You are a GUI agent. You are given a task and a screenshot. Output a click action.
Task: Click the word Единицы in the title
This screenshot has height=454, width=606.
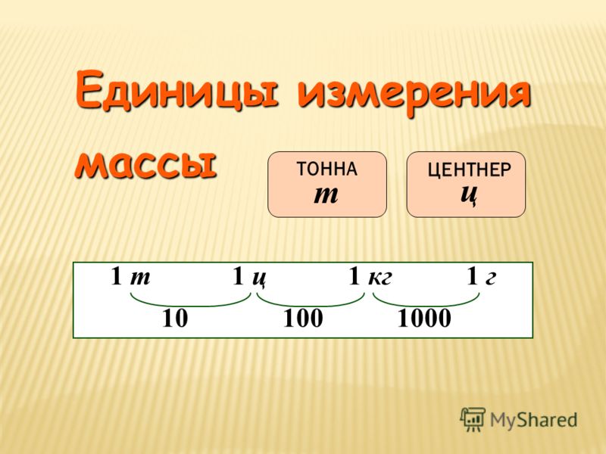[x=176, y=90]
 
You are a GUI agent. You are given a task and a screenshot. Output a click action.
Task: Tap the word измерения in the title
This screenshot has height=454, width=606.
[x=413, y=92]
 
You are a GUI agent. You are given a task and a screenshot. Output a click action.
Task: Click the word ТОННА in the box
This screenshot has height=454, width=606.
[x=327, y=169]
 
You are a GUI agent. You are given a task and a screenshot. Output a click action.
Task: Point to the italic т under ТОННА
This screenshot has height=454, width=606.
[x=326, y=194]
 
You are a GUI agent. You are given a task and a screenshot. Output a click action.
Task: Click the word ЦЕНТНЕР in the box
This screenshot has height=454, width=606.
[x=469, y=169]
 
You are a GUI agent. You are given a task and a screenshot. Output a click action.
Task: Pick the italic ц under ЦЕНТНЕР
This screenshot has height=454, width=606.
[x=469, y=194]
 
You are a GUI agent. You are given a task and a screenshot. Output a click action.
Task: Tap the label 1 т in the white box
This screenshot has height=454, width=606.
[x=130, y=276]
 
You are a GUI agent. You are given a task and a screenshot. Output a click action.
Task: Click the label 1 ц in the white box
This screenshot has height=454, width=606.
[x=249, y=277]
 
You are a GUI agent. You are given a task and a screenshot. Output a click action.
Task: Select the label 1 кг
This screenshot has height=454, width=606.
[x=370, y=276]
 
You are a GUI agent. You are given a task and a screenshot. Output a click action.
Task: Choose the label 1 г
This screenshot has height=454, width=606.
[x=481, y=276]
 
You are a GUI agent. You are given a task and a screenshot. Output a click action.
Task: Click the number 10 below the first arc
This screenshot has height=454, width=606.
[x=175, y=319]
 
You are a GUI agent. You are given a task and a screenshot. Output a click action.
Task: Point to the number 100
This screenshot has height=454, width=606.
[x=304, y=319]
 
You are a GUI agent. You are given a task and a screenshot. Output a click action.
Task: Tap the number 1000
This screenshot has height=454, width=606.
[x=424, y=319]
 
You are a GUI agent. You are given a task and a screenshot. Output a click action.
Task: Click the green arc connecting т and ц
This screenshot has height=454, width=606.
[x=191, y=306]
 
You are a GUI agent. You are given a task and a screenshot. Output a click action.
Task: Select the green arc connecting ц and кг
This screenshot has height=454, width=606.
[x=311, y=306]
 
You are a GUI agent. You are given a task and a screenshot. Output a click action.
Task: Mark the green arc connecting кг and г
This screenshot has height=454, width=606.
[x=426, y=306]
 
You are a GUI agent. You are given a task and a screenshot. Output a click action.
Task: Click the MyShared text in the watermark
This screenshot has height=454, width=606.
[x=533, y=420]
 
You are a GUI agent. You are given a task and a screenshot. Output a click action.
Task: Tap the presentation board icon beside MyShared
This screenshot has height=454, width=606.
[x=472, y=418]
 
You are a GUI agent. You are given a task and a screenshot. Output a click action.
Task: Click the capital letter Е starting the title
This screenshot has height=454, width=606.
[x=89, y=89]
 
